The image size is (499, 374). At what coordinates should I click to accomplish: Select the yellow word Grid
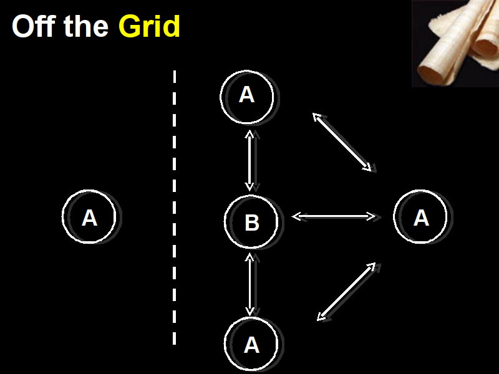tap(149, 27)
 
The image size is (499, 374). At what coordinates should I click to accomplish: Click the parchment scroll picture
tap(455, 43)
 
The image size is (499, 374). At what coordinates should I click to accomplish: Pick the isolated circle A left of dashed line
tap(89, 217)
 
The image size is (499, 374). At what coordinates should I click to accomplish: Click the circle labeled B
tap(251, 222)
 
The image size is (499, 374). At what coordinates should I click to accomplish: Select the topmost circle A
tap(247, 95)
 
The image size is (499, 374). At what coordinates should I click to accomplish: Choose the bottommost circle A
tap(251, 344)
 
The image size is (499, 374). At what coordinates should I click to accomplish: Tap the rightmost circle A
tap(421, 217)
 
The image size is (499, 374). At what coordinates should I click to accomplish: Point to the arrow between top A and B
tap(250, 160)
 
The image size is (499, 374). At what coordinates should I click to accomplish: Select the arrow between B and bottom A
tap(250, 284)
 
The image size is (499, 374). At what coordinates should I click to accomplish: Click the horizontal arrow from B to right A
tap(334, 216)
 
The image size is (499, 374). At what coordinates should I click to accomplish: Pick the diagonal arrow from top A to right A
tap(342, 141)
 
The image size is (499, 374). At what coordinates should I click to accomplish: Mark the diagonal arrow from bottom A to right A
tap(346, 292)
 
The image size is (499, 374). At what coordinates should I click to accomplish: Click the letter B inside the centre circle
tap(252, 223)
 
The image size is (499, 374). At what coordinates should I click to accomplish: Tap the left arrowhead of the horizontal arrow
tap(296, 216)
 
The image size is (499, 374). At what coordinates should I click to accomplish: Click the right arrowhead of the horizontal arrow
tap(372, 216)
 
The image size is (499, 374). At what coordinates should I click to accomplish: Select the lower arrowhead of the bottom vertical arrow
tap(250, 311)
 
